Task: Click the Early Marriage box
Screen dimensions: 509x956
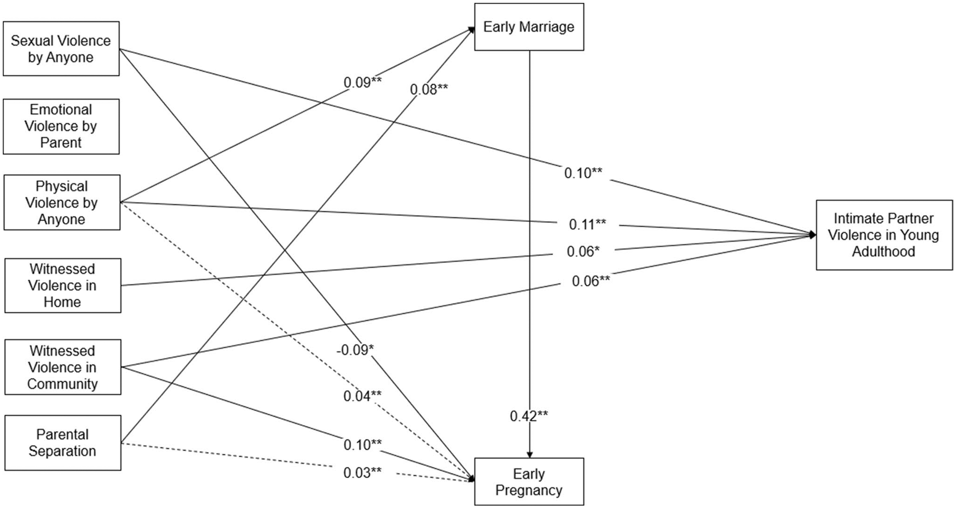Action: [529, 27]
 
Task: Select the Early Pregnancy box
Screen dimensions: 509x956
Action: [529, 482]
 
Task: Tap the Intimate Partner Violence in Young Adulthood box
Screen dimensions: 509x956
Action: [883, 235]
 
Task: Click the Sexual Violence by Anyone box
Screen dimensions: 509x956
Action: [61, 49]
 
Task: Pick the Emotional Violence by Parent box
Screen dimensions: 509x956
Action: [61, 126]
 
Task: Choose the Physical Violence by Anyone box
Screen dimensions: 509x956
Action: [61, 202]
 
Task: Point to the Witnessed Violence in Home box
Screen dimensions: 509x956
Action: [62, 285]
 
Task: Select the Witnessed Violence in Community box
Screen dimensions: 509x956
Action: [62, 367]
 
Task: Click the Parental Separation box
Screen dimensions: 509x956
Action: [62, 443]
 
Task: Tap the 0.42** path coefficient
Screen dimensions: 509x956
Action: [529, 416]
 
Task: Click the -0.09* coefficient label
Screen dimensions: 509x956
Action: [355, 349]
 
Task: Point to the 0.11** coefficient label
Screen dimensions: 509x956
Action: [587, 224]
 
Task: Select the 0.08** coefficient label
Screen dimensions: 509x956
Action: [429, 89]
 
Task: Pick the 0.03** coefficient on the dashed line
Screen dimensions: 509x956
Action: [362, 473]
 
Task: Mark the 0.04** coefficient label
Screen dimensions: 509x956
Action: [362, 396]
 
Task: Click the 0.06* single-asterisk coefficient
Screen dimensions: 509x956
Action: [583, 251]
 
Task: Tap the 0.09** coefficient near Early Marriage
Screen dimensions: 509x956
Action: [362, 82]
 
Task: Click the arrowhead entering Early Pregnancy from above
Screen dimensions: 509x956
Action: [529, 454]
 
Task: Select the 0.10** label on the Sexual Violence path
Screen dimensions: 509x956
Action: [583, 173]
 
